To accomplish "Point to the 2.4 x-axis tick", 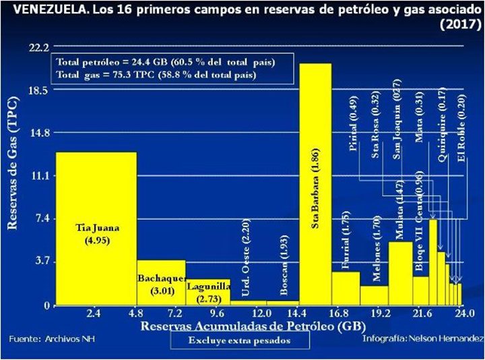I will (x=94, y=314).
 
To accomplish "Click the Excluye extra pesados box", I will (x=239, y=340).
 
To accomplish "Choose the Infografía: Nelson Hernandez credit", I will (x=422, y=337).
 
